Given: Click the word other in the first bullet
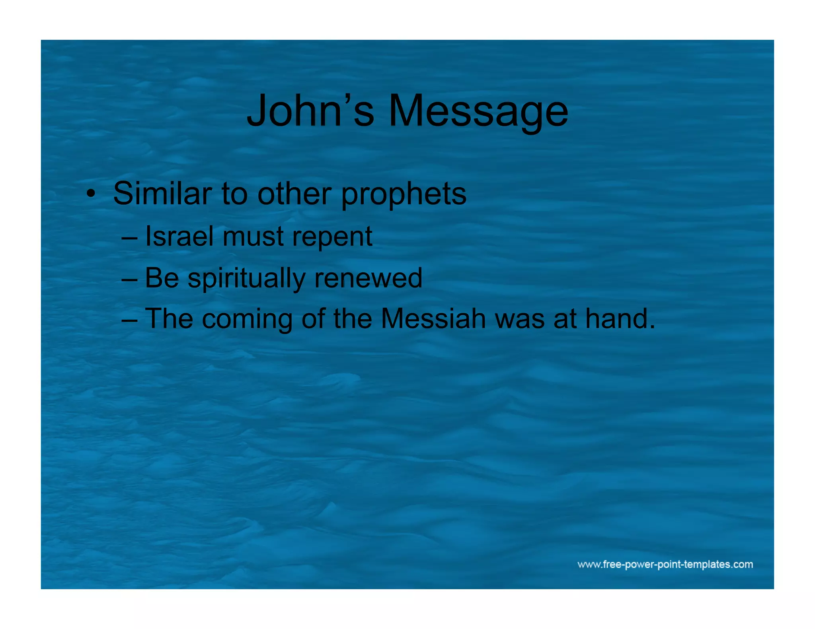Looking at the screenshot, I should coord(294,194).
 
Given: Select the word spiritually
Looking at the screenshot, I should coord(246,278).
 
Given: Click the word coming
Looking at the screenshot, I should coord(247,320).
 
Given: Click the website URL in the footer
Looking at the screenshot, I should coord(665,564).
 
